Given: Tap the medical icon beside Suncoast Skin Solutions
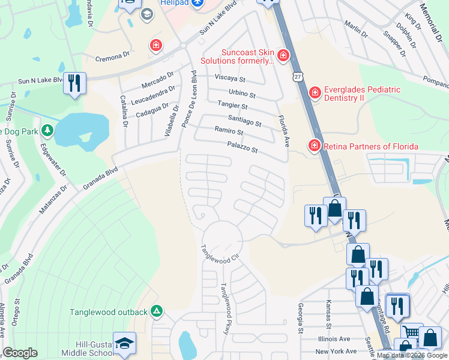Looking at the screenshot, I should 283,56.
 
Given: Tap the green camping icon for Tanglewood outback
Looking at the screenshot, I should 157,311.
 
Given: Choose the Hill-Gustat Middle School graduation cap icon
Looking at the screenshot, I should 125,343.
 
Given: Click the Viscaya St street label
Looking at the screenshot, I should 231,79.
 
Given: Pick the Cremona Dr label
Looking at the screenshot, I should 112,55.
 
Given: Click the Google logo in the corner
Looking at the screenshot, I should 20,353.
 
